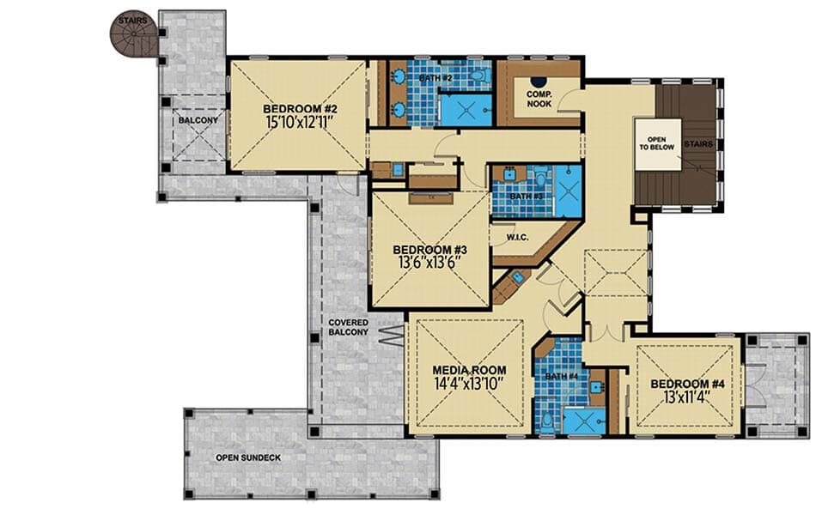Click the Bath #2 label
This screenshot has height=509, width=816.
[x=435, y=78]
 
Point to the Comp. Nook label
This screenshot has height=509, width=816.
[x=539, y=98]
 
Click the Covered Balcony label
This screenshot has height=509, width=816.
[x=348, y=327]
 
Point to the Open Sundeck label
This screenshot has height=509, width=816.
[x=247, y=458]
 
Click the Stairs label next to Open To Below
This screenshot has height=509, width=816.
[x=699, y=144]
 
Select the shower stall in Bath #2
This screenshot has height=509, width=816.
[x=466, y=110]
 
